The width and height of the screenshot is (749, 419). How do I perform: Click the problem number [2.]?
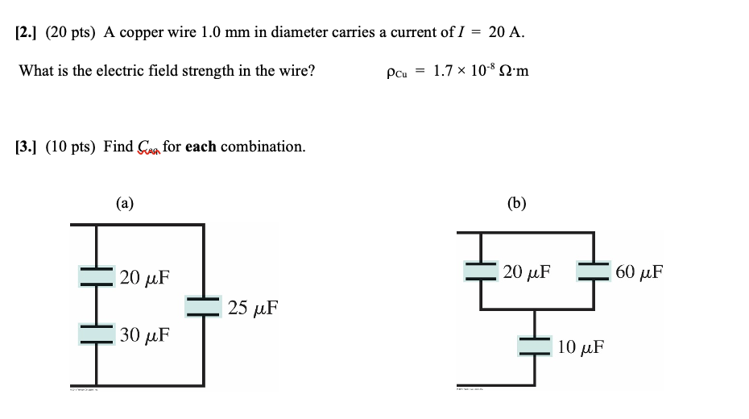click(x=27, y=32)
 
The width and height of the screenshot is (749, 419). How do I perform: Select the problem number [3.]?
click(x=27, y=147)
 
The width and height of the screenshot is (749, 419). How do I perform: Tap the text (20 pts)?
click(x=72, y=32)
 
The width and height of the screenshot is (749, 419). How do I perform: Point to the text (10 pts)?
click(x=71, y=147)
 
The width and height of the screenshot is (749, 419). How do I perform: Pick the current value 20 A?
click(x=507, y=32)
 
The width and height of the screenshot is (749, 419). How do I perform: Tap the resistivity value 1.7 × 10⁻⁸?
click(x=462, y=71)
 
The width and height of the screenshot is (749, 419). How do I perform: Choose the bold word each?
click(x=201, y=147)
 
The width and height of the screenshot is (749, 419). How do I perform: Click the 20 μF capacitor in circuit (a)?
click(x=97, y=276)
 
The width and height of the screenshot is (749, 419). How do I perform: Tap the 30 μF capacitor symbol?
click(x=97, y=333)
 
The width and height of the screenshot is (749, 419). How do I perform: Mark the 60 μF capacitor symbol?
click(x=594, y=271)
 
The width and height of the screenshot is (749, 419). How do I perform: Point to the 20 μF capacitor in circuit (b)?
click(x=481, y=271)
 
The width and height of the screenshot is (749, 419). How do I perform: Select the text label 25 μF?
click(x=253, y=308)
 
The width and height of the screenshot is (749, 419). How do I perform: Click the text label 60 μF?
click(x=639, y=272)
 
